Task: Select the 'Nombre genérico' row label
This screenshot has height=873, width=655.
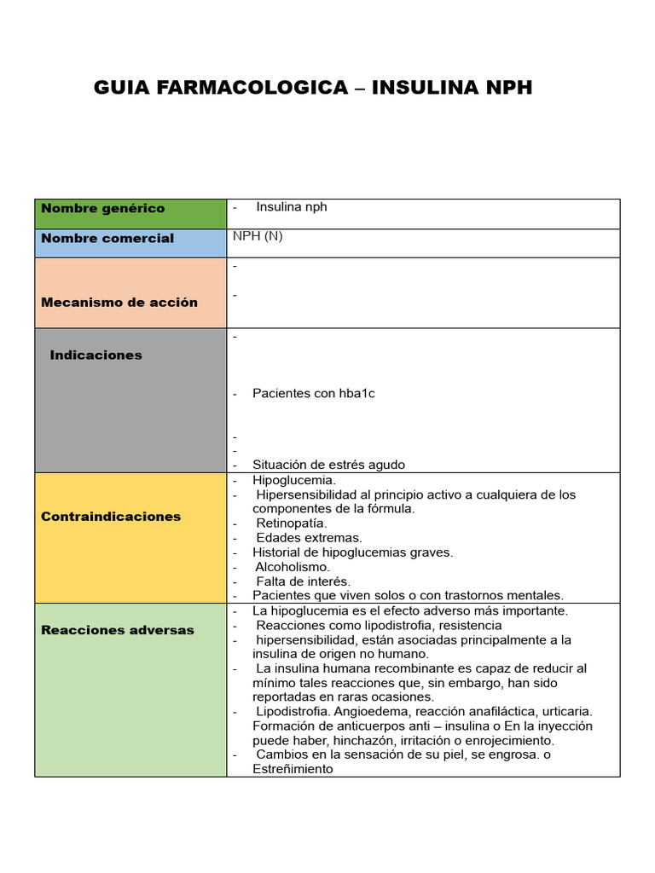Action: (x=102, y=209)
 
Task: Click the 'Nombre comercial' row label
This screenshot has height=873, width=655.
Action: (x=107, y=239)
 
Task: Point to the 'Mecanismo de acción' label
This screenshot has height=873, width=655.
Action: (x=119, y=302)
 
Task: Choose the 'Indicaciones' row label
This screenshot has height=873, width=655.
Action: (x=96, y=355)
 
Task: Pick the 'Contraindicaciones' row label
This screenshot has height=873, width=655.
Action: (x=111, y=517)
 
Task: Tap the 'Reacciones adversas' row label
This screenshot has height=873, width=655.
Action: (x=117, y=630)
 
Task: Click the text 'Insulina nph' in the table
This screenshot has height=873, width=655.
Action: (x=291, y=207)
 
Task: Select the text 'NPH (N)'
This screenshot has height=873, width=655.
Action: (x=257, y=236)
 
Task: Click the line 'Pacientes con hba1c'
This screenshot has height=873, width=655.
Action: (x=313, y=394)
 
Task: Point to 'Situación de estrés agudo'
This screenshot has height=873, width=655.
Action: (x=328, y=465)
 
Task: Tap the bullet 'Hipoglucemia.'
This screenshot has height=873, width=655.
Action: (x=288, y=481)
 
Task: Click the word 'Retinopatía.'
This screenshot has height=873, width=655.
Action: (x=291, y=523)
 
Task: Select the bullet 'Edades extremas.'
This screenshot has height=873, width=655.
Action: (x=309, y=538)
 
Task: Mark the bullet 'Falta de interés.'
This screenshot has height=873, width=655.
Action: (x=303, y=581)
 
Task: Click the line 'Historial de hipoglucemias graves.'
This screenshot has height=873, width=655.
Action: (x=352, y=552)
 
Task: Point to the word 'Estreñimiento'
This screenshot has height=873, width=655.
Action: (x=293, y=769)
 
